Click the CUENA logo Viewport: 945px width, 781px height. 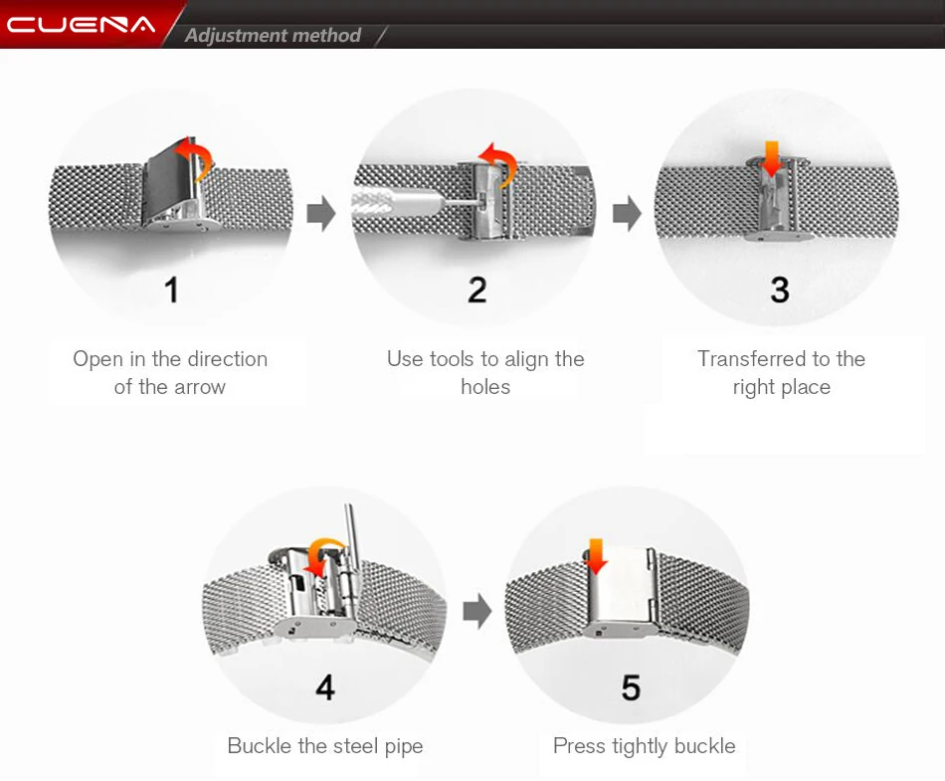click(x=81, y=25)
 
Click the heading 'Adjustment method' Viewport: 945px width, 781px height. click(x=273, y=36)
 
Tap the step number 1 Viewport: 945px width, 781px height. click(x=172, y=290)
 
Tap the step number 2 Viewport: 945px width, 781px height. click(x=477, y=290)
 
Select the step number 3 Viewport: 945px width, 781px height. click(x=780, y=290)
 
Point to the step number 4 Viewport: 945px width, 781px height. click(x=325, y=687)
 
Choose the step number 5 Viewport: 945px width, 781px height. click(x=631, y=687)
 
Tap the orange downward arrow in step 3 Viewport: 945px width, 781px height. click(x=772, y=159)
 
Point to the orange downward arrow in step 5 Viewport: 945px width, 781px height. click(x=596, y=556)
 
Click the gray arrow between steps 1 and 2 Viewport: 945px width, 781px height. click(x=321, y=213)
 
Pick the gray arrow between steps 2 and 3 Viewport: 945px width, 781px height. click(x=628, y=213)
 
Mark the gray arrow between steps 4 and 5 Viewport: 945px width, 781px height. click(x=477, y=611)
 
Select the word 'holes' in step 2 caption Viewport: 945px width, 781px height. click(x=485, y=387)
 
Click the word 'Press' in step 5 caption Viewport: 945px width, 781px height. click(x=579, y=746)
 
